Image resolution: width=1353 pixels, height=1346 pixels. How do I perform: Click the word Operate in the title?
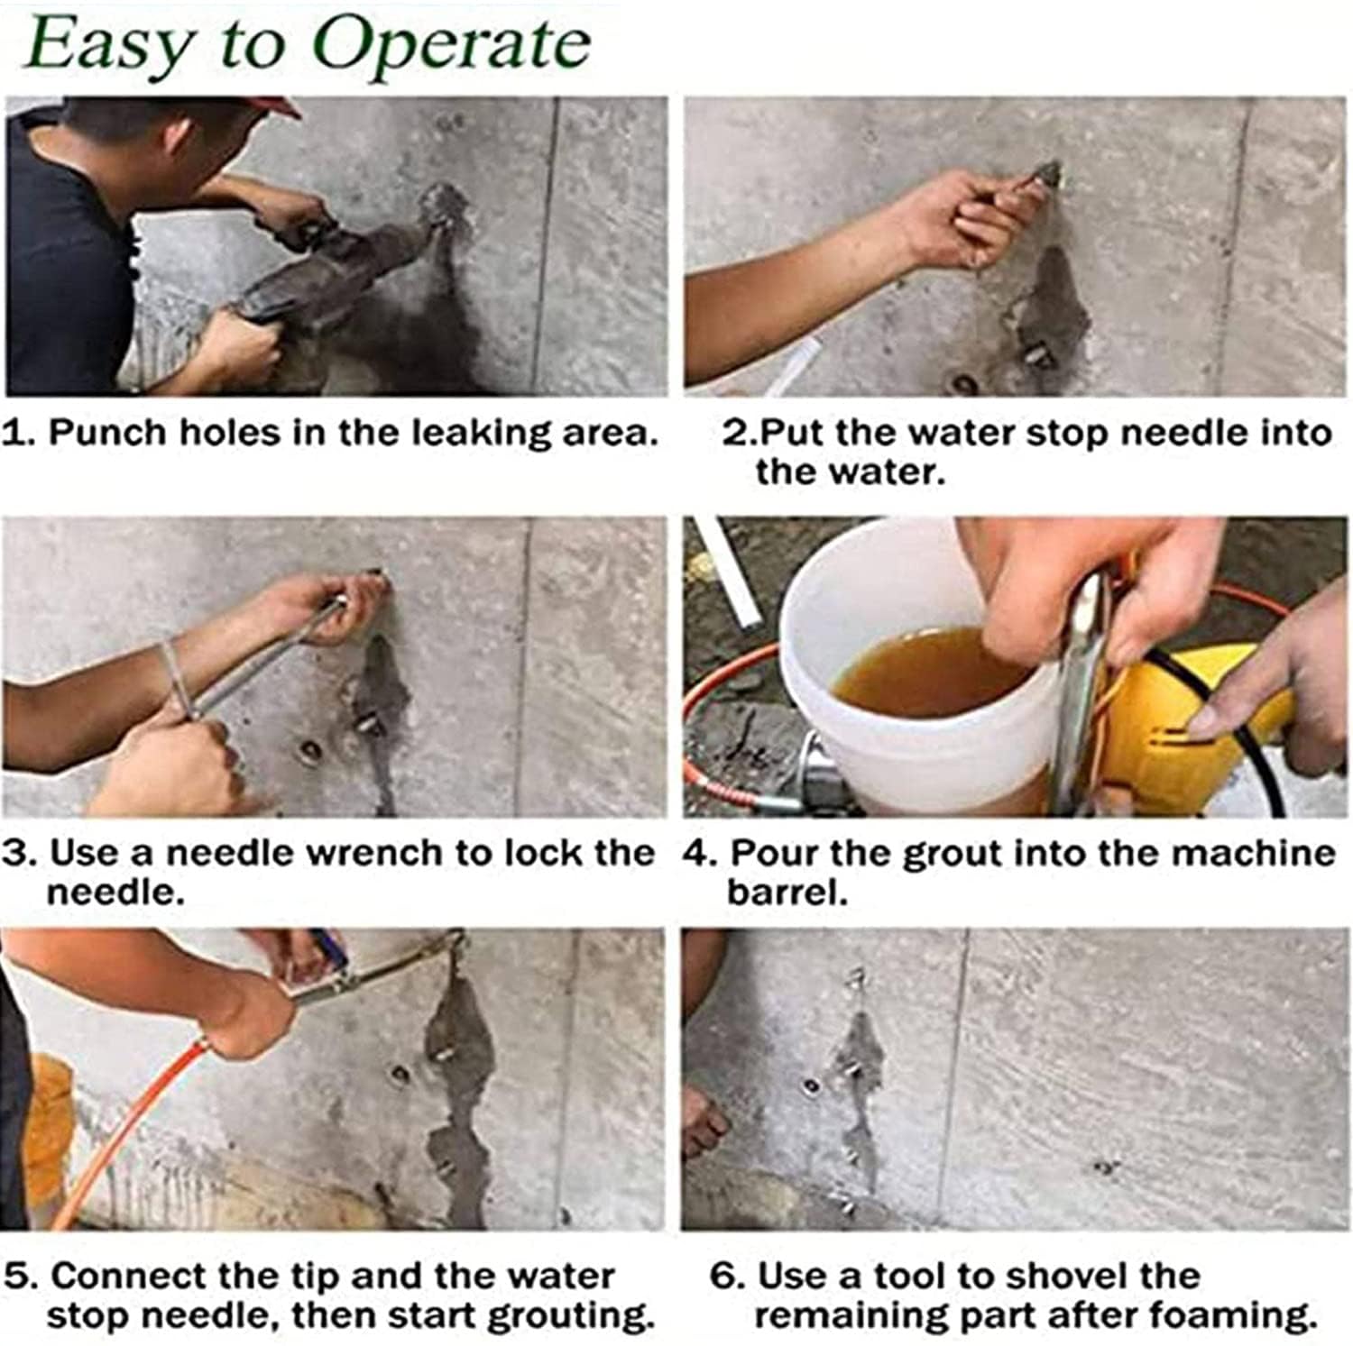(451, 44)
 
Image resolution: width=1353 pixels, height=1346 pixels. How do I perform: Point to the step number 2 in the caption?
(734, 433)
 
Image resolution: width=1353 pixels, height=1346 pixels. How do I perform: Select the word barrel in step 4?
(787, 893)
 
